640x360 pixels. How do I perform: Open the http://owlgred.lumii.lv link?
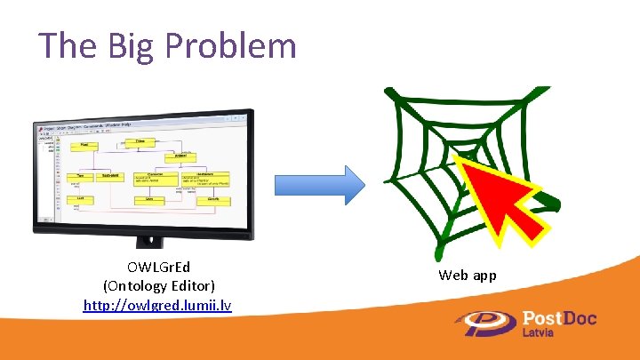coord(157,305)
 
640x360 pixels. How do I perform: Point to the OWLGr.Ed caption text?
coord(157,268)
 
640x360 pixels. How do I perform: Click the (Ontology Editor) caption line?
coord(157,286)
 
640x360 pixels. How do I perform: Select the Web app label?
coord(467,276)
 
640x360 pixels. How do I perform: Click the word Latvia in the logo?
coord(540,333)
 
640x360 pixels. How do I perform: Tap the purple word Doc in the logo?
coord(579,318)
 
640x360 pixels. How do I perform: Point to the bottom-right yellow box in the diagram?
coord(213,203)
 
